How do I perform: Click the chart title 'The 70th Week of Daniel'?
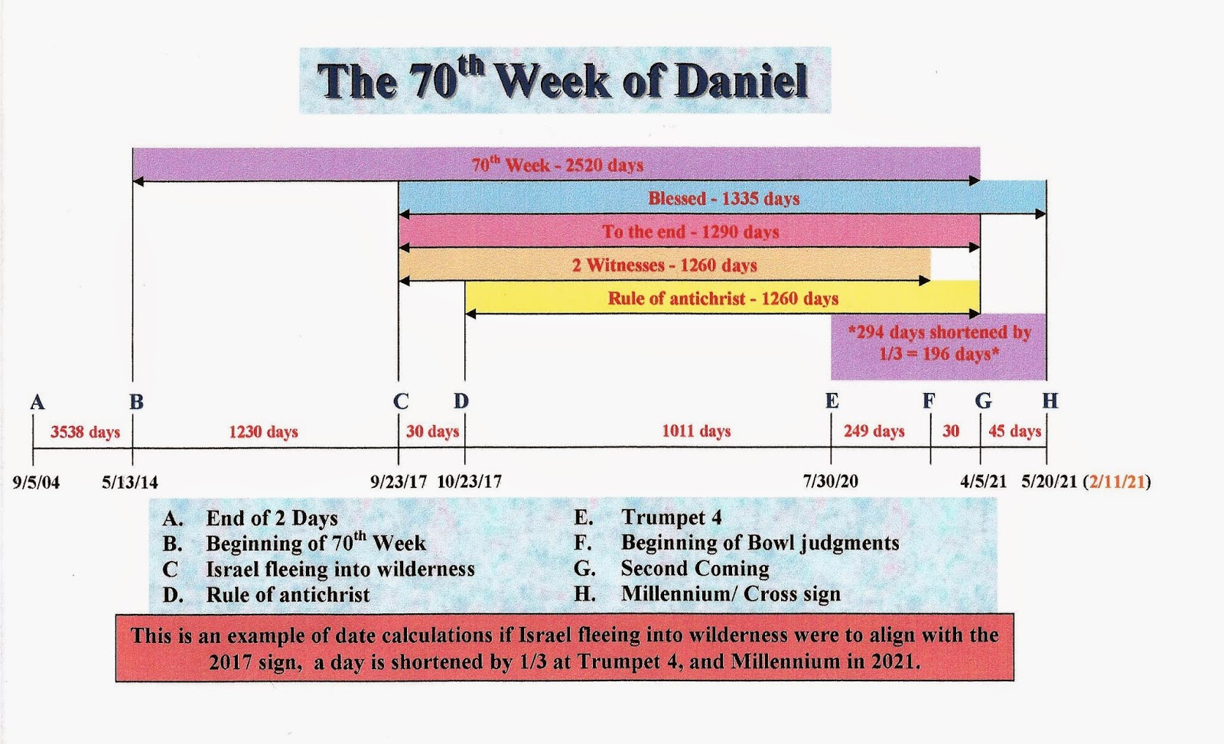(563, 80)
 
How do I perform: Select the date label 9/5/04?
(37, 482)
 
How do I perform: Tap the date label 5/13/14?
(130, 482)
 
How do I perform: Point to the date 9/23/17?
(399, 482)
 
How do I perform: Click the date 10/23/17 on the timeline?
(470, 482)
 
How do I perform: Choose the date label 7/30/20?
(831, 481)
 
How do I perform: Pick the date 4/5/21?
(984, 481)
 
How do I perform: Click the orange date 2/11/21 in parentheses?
(1117, 481)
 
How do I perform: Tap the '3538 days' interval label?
(85, 432)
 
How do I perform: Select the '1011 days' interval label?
(697, 431)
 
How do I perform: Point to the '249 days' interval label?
(874, 431)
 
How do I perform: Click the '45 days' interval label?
(1014, 431)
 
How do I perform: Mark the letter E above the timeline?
(832, 401)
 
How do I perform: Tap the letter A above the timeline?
(37, 402)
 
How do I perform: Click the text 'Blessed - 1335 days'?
(724, 198)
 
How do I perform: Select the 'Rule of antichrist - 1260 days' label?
(723, 299)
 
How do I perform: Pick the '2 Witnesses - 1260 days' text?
(665, 265)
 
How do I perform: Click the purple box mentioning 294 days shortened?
(939, 346)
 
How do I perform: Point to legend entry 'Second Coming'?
(695, 569)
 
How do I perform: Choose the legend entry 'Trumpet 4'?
(672, 518)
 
